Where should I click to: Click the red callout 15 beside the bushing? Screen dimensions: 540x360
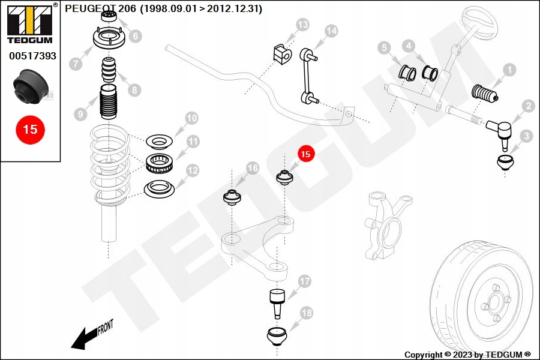[305, 154]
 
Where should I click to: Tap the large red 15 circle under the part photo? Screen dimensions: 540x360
[30, 130]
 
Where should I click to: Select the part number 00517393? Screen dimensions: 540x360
[33, 56]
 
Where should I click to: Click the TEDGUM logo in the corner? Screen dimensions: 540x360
[31, 23]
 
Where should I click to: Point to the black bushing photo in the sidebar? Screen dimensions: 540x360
[31, 86]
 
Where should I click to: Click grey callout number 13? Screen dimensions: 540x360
[302, 25]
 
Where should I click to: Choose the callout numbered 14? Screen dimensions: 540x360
[331, 31]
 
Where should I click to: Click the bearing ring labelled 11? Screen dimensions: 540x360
[159, 163]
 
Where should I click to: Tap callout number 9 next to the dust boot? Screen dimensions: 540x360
[80, 114]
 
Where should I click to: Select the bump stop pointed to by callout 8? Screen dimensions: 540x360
[109, 70]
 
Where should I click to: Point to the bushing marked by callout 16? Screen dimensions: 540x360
[232, 197]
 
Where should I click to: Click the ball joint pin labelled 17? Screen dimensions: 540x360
[277, 302]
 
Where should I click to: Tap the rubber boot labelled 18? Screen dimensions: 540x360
[277, 337]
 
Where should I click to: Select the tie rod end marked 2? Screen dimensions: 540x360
[499, 133]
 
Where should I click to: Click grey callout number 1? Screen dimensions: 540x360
[509, 70]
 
